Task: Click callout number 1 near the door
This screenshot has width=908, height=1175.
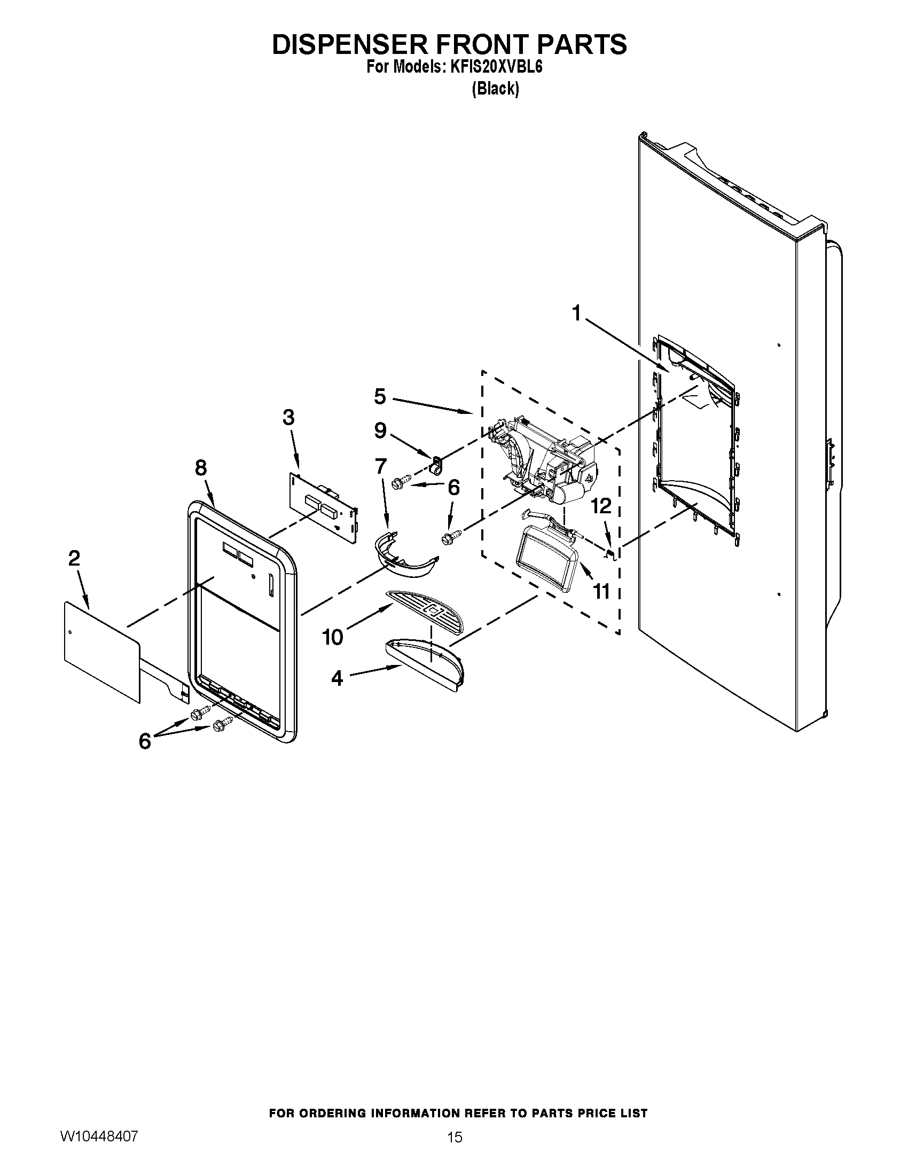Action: [576, 312]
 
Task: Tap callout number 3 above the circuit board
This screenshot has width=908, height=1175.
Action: [288, 417]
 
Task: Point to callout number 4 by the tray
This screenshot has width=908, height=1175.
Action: [336, 678]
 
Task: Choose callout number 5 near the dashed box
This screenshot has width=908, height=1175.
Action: [380, 396]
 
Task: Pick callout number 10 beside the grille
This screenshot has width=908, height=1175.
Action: [332, 637]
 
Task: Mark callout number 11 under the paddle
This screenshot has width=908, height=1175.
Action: [601, 591]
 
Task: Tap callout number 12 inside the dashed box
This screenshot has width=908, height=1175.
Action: [602, 506]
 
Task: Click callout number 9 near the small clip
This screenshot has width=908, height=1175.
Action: [380, 430]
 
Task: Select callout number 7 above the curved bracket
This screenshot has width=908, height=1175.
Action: [381, 466]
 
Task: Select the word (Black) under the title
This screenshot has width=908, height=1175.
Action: [496, 89]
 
